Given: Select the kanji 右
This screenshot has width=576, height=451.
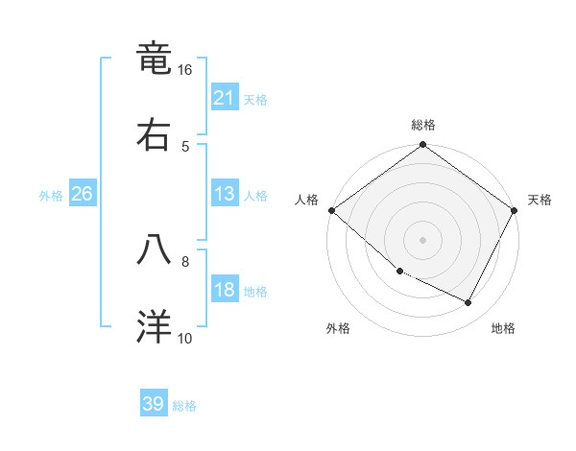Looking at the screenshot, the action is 154,135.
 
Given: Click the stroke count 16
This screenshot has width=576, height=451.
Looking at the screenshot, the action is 185,70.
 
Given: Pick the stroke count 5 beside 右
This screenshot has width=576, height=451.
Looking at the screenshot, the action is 185,146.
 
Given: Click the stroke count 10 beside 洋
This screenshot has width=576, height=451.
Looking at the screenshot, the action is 185,338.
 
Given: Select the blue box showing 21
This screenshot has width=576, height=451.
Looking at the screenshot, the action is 225,98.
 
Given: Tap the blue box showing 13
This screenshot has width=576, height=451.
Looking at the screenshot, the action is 225,194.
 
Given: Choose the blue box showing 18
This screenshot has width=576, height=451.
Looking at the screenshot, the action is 225,291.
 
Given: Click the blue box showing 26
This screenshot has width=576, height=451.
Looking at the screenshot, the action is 82,194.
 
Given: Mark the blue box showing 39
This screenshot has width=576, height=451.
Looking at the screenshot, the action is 154,404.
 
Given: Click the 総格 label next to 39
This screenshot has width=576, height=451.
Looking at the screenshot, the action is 185,406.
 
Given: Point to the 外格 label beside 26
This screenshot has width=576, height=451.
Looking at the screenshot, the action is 51,195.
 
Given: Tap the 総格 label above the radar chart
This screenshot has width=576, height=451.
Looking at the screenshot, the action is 423,125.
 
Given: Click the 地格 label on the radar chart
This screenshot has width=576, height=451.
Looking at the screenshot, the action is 503,328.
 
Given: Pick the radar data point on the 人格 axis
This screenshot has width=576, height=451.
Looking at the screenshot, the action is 331,210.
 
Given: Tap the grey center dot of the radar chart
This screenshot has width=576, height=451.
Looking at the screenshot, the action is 423,240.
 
